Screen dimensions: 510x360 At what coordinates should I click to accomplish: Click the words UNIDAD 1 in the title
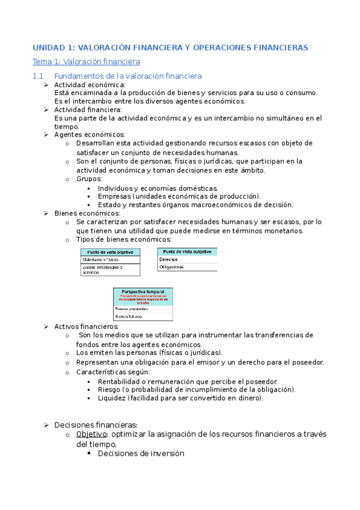(x=52, y=47)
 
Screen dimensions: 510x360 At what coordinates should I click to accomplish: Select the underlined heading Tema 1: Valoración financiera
(x=86, y=62)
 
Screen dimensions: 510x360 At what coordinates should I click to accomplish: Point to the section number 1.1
(x=38, y=76)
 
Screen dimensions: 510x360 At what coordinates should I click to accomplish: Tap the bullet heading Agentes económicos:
(x=90, y=135)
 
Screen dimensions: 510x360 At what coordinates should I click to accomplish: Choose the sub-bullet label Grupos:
(x=89, y=179)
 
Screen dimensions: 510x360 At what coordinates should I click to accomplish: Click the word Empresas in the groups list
(x=114, y=196)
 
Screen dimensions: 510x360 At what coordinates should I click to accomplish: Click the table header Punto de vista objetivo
(x=111, y=252)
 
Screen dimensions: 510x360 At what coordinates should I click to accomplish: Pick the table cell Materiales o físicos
(x=100, y=259)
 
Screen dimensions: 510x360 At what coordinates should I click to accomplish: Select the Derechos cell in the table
(x=168, y=259)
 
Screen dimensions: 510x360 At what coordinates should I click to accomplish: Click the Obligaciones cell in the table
(x=171, y=267)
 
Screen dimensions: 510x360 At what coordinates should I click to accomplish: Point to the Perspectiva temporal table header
(x=143, y=291)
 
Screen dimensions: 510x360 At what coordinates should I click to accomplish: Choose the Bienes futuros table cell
(x=128, y=315)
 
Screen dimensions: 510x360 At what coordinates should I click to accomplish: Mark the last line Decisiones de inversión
(x=141, y=454)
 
